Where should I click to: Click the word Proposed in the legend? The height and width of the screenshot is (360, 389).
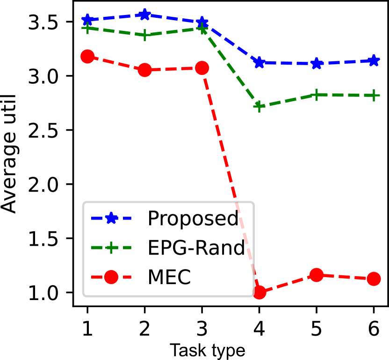(193, 219)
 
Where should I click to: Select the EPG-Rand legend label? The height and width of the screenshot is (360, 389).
(196, 248)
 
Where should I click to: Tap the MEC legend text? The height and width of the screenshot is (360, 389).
(169, 278)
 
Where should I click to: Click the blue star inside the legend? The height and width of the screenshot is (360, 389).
(111, 218)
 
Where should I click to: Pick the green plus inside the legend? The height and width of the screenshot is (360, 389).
(111, 248)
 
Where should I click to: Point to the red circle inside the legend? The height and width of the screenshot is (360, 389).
(111, 277)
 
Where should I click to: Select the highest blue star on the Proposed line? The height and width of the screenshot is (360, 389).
(145, 15)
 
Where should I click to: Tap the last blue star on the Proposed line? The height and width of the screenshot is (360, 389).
(374, 61)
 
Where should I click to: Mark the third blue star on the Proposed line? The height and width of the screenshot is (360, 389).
(202, 22)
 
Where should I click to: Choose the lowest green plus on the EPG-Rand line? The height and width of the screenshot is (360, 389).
(259, 107)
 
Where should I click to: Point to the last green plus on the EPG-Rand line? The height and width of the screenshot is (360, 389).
(374, 96)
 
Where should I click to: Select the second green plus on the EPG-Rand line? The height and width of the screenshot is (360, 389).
(145, 35)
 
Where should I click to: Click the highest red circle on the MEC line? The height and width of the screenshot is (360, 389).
(87, 57)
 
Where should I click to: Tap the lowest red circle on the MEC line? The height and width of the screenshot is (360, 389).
(259, 292)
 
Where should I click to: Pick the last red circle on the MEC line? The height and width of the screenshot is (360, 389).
(374, 279)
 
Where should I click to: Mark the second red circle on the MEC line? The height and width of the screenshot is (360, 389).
(145, 70)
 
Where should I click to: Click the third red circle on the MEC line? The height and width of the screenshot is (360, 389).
(202, 68)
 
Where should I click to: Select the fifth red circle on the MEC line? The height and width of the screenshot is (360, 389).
(317, 275)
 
